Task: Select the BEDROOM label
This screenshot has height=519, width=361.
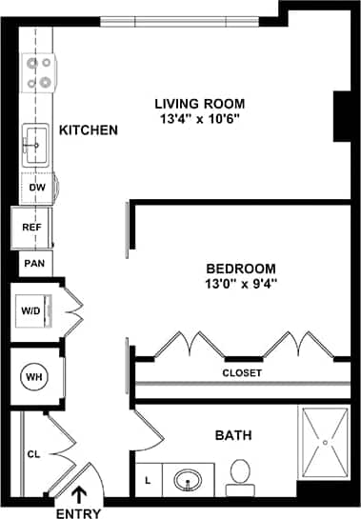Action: click(x=241, y=269)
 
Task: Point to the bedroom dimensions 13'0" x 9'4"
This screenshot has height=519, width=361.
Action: click(x=241, y=284)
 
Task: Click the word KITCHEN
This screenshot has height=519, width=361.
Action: click(x=88, y=130)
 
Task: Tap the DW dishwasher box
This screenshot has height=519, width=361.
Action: click(x=37, y=188)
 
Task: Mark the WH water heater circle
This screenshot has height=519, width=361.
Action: click(x=34, y=377)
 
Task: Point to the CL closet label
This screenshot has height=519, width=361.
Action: click(x=33, y=454)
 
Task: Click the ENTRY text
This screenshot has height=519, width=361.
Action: click(x=78, y=512)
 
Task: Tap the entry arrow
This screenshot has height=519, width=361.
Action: click(x=78, y=492)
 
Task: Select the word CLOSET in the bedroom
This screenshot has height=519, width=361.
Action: click(x=241, y=373)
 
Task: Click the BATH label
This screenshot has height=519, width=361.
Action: click(x=233, y=435)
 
